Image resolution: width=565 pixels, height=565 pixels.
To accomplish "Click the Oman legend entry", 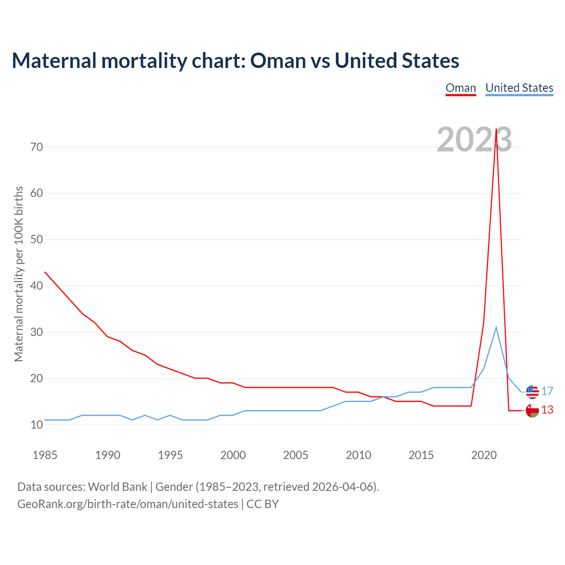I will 461,88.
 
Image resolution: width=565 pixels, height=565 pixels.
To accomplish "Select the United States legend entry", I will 519,88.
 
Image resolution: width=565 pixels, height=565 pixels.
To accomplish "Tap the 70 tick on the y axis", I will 37,147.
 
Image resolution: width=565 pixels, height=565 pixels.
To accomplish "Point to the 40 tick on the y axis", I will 37,286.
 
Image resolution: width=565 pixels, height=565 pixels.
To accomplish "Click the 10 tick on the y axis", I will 37,425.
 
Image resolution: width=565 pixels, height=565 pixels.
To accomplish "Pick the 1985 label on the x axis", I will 45,455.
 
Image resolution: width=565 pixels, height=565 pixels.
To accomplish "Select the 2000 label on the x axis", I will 233,455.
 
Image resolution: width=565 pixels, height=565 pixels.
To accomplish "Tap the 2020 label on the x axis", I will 484,455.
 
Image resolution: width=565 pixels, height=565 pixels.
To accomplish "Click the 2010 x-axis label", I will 358,455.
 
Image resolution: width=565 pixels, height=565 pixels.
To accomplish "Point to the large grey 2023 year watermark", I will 474,139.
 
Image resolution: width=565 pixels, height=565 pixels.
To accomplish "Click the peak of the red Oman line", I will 496,129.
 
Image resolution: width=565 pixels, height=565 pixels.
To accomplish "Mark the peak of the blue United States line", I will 496,327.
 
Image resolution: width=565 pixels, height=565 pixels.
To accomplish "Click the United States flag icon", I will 532,392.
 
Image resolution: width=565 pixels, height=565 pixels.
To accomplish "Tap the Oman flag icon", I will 532,411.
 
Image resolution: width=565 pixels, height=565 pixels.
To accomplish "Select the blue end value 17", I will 547,391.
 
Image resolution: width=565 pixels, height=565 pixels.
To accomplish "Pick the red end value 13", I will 547,410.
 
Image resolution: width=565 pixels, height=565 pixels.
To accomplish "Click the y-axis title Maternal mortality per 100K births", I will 19,274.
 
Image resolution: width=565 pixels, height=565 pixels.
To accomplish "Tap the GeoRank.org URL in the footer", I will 128,504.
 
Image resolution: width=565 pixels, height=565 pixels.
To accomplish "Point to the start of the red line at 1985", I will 45,272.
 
